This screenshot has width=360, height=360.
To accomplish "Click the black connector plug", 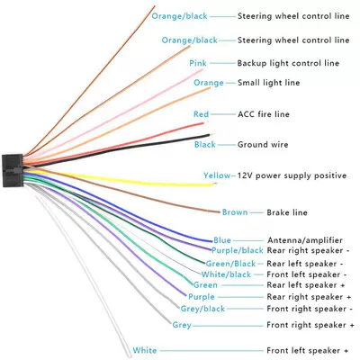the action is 13,170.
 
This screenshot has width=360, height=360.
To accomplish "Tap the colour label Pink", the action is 198,63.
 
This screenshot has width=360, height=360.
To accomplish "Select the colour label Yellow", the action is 217,175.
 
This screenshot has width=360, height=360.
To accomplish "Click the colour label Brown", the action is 235,212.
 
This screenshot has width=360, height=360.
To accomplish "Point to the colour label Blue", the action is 222,240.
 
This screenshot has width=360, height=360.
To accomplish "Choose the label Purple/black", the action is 238,250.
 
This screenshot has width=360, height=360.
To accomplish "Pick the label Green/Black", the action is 230,264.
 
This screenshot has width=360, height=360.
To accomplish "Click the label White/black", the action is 226,274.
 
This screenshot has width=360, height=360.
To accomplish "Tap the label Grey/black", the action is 202,309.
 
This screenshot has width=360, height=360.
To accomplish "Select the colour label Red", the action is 201,114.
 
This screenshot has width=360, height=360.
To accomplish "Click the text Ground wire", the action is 263,145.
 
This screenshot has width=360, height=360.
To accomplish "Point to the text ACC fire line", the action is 264,114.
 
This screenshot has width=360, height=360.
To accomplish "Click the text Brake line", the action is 287,212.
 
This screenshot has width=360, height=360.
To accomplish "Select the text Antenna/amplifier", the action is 305,240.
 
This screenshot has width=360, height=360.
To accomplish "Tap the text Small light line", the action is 269,83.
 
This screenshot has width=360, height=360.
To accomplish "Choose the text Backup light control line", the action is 288,63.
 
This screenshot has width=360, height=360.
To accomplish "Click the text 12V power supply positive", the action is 292,175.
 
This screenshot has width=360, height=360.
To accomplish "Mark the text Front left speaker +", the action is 308,350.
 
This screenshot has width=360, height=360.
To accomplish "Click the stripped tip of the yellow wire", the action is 214,184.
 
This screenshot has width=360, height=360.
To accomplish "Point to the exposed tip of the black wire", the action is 212,135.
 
